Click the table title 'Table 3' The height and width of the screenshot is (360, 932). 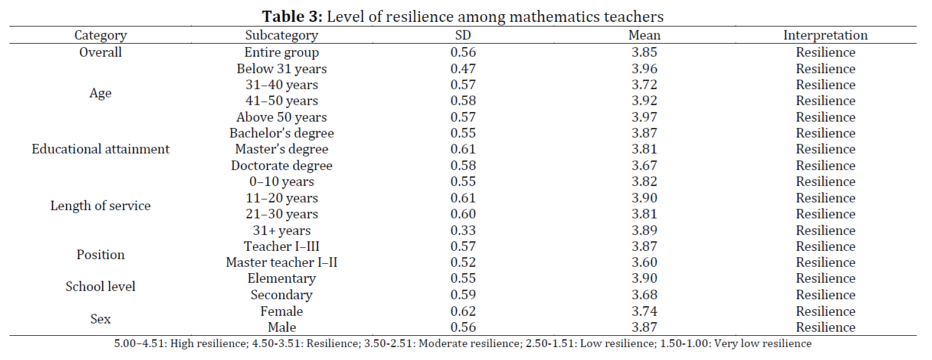point(292,17)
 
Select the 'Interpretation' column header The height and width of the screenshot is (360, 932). point(825,35)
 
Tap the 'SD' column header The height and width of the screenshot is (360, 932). point(463,35)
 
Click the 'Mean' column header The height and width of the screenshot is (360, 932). point(644,35)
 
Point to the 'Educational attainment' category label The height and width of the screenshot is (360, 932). point(100,149)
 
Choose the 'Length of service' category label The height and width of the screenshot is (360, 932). point(100,206)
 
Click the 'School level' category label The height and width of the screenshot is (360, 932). point(100,287)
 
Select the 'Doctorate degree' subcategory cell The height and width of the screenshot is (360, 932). point(282,166)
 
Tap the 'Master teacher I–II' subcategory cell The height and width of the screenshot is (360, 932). point(282,263)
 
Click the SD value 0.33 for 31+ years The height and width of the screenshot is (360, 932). point(463,231)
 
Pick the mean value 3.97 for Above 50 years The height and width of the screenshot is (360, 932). point(644,117)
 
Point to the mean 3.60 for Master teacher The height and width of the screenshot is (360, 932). point(644,263)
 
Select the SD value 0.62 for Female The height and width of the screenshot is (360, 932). point(463,312)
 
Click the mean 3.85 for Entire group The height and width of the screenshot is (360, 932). point(644,53)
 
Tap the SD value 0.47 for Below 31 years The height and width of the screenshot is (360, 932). point(463,69)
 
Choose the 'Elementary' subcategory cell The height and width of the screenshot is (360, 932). point(282,279)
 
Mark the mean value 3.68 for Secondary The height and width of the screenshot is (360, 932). point(644,295)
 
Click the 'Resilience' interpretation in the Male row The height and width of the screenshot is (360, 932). point(825,328)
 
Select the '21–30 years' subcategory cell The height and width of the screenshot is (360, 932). point(282,214)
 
